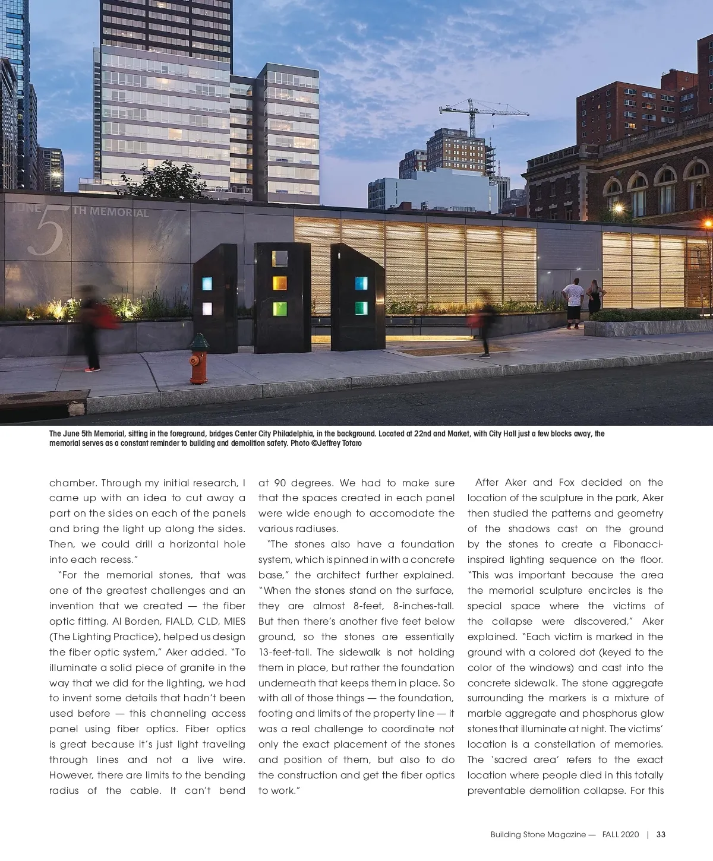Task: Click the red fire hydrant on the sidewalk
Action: [x=199, y=359]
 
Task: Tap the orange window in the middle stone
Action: [x=280, y=283]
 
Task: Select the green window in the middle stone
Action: [x=280, y=309]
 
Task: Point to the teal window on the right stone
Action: [x=361, y=308]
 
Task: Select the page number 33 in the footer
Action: [x=661, y=834]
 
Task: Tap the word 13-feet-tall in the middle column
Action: [x=286, y=652]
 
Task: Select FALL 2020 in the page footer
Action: [x=620, y=834]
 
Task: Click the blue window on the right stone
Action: [x=361, y=283]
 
